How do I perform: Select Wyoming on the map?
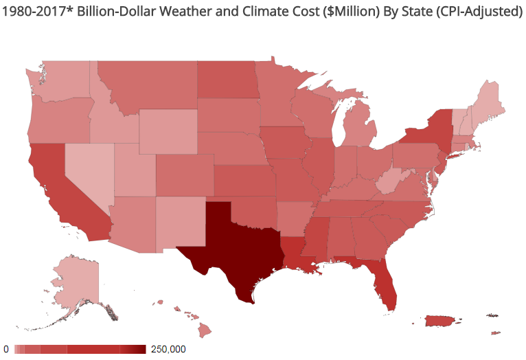click(x=168, y=131)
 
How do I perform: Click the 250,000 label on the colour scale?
click(x=168, y=349)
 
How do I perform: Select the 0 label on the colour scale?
click(x=6, y=349)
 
